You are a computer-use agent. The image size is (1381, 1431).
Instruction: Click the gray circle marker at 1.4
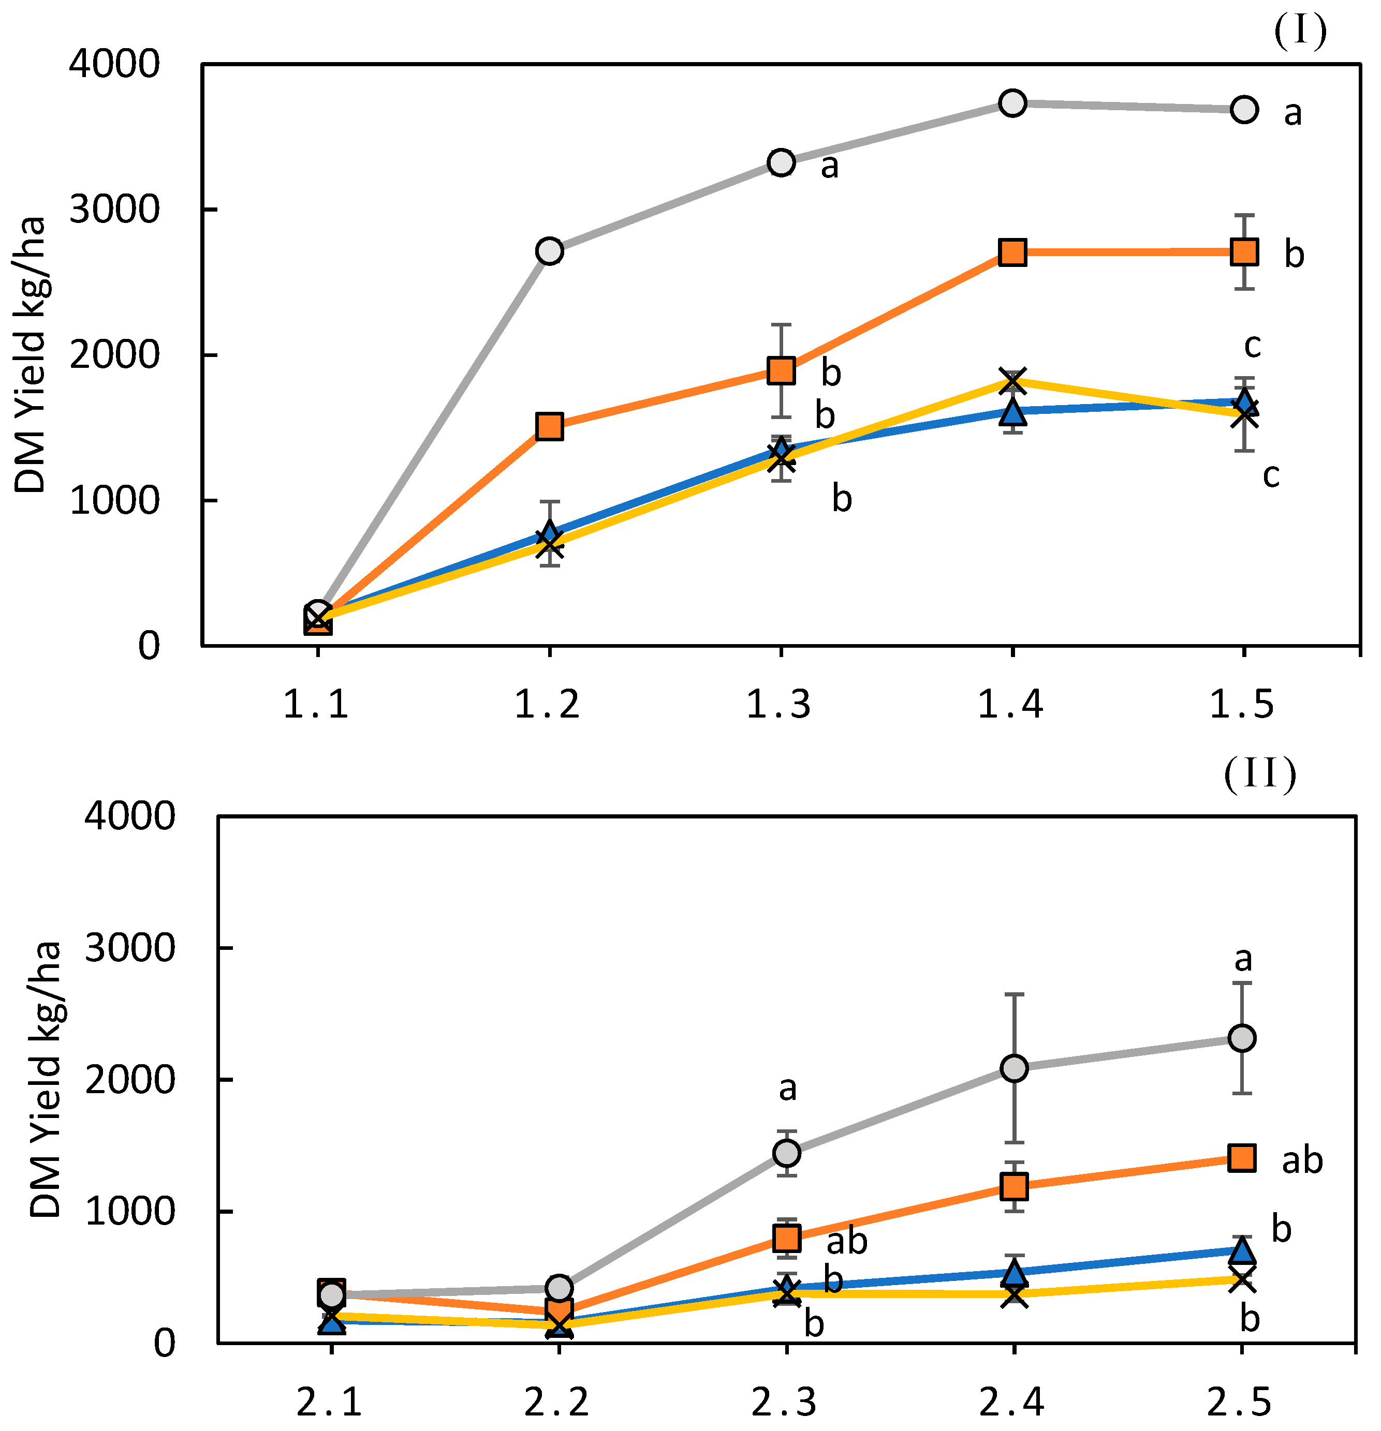1012,103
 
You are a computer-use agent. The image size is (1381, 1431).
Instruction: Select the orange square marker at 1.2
549,426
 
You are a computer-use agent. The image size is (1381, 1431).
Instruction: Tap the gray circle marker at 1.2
549,251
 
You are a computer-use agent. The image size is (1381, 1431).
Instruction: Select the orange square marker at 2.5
1242,1158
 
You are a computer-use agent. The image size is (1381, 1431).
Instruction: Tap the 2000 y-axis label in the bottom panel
130,1080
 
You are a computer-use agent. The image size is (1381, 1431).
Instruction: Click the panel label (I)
1300,32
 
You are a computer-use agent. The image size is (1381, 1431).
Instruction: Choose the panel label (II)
1260,774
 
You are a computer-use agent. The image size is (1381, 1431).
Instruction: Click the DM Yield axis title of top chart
31,355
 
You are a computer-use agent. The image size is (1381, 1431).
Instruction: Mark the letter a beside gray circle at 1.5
1292,113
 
